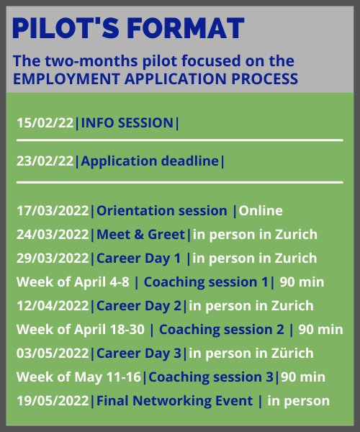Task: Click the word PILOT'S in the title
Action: point(66,28)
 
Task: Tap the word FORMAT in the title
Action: point(186,28)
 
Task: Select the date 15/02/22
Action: point(45,123)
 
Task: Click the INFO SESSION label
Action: point(127,123)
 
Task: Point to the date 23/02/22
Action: point(45,161)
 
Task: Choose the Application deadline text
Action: point(150,161)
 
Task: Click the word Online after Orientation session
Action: point(261,211)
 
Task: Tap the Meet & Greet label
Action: point(140,235)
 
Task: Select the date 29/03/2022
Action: point(53,258)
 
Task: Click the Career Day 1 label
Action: point(138,258)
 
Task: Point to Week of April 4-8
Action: point(73,282)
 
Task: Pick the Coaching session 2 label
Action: point(222,330)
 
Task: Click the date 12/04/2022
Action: point(53,306)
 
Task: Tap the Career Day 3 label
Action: point(139,354)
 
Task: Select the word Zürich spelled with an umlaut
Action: point(292,354)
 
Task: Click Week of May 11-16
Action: point(78,377)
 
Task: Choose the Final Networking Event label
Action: point(175,401)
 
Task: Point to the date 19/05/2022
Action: point(53,401)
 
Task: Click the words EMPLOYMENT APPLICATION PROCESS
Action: point(156,79)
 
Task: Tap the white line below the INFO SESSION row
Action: point(180,140)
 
